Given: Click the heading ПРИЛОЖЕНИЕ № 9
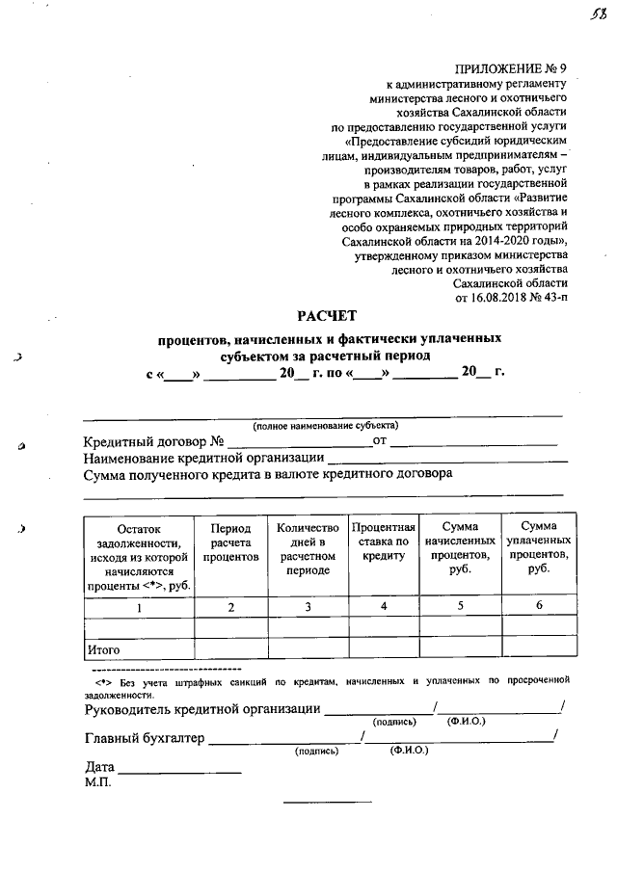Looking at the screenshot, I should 511,69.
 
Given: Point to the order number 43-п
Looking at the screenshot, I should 553,298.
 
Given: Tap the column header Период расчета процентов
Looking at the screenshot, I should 230,542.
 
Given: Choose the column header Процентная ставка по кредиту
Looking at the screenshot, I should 383,542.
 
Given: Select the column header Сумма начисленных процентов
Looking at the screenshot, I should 460,549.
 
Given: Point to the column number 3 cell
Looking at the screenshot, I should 308,607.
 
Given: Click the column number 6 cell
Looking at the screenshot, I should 539,605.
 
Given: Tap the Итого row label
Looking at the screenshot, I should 103,649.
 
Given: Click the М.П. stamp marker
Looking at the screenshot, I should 97,783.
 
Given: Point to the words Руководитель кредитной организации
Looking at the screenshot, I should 202,710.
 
